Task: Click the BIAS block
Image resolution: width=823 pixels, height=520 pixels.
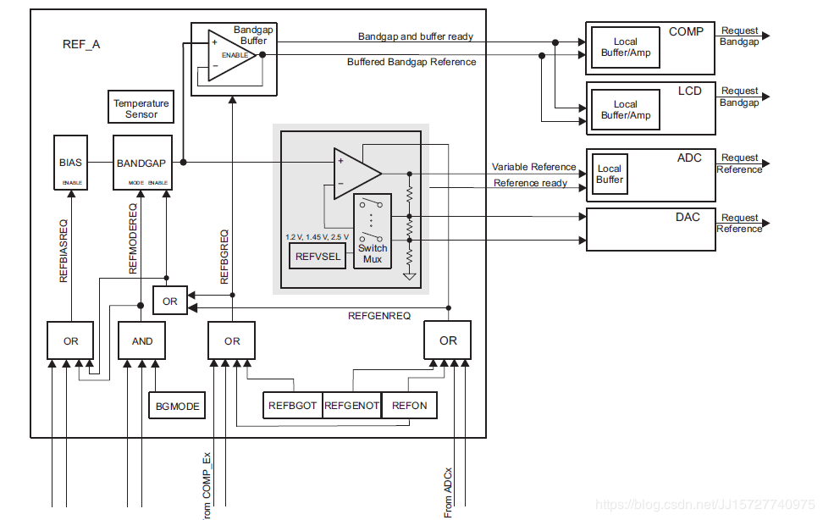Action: [70, 163]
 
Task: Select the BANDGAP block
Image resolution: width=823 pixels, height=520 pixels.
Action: [141, 163]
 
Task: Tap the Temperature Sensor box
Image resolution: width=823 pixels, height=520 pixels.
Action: [141, 108]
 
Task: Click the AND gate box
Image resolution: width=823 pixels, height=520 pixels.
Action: [142, 340]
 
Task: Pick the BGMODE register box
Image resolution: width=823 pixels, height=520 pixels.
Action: [178, 406]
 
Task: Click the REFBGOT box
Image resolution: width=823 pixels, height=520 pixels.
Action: [292, 406]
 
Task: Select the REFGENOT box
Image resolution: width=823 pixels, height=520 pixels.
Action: [351, 406]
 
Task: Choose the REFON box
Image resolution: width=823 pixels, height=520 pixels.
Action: [410, 406]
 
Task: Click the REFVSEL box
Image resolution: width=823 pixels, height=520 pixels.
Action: [318, 255]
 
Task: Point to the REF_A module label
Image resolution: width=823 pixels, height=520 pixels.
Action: [81, 44]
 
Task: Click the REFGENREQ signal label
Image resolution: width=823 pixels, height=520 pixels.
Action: [379, 316]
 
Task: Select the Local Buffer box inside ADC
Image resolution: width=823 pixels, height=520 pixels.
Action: [610, 174]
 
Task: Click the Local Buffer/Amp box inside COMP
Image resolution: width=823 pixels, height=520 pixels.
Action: [625, 47]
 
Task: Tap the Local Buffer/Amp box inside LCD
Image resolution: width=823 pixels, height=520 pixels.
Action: [625, 110]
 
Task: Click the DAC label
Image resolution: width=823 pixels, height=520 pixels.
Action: [688, 218]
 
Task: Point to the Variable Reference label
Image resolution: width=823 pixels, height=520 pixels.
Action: [533, 167]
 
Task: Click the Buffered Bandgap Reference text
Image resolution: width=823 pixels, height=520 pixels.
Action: [411, 62]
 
